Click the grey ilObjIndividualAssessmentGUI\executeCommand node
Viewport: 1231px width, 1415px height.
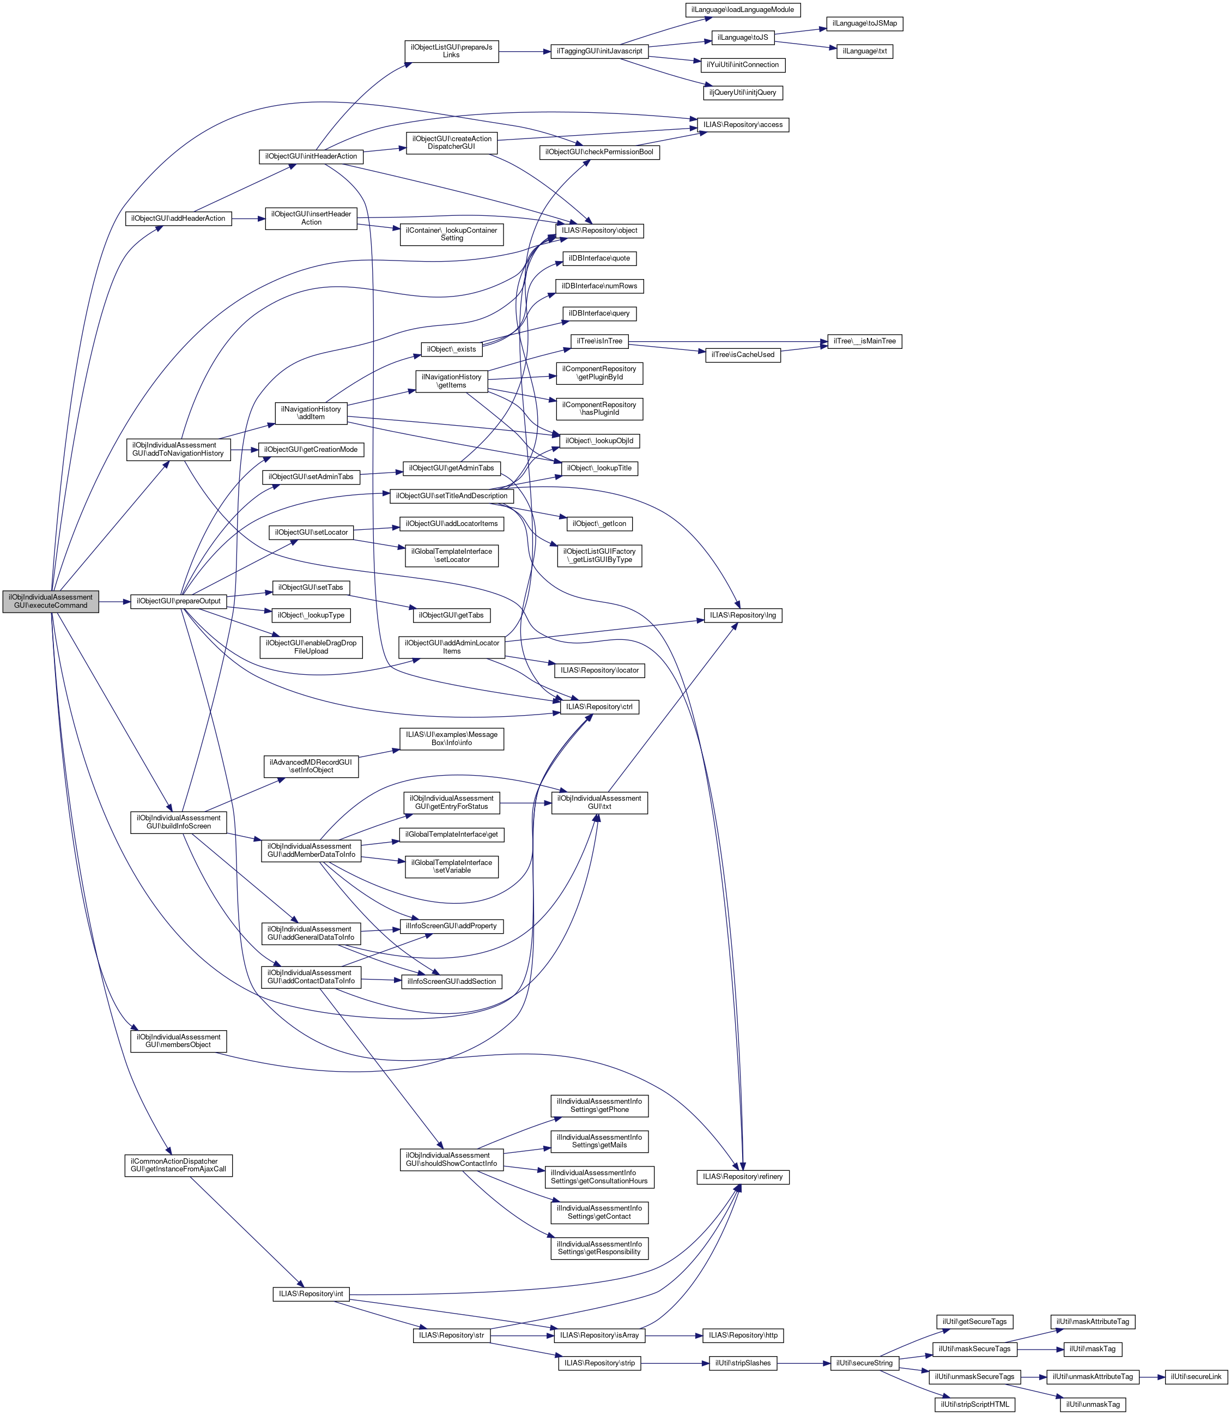click(50, 601)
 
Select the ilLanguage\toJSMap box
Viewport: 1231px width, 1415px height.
click(864, 23)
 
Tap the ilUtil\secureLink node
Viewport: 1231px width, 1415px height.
click(1196, 1376)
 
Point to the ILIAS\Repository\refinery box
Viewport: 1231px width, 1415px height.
click(743, 1177)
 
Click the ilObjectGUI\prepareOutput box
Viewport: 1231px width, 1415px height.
click(179, 601)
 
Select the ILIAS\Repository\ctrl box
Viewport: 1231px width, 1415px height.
click(599, 706)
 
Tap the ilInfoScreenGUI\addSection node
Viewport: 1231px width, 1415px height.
click(451, 981)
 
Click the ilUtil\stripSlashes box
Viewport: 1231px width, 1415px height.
click(743, 1363)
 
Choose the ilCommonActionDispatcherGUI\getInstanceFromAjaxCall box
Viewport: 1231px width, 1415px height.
click(179, 1165)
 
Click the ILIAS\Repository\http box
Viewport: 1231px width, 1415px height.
click(743, 1335)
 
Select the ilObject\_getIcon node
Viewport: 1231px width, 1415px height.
click(599, 524)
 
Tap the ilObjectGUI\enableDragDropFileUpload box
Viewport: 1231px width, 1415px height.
click(311, 646)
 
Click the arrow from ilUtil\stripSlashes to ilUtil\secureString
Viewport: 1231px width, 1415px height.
click(804, 1363)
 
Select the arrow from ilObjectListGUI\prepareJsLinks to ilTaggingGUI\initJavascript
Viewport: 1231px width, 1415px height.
click(524, 51)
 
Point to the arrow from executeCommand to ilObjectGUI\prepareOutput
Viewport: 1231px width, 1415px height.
click(114, 601)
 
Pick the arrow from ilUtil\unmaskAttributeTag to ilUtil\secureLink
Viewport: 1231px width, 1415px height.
click(1152, 1376)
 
